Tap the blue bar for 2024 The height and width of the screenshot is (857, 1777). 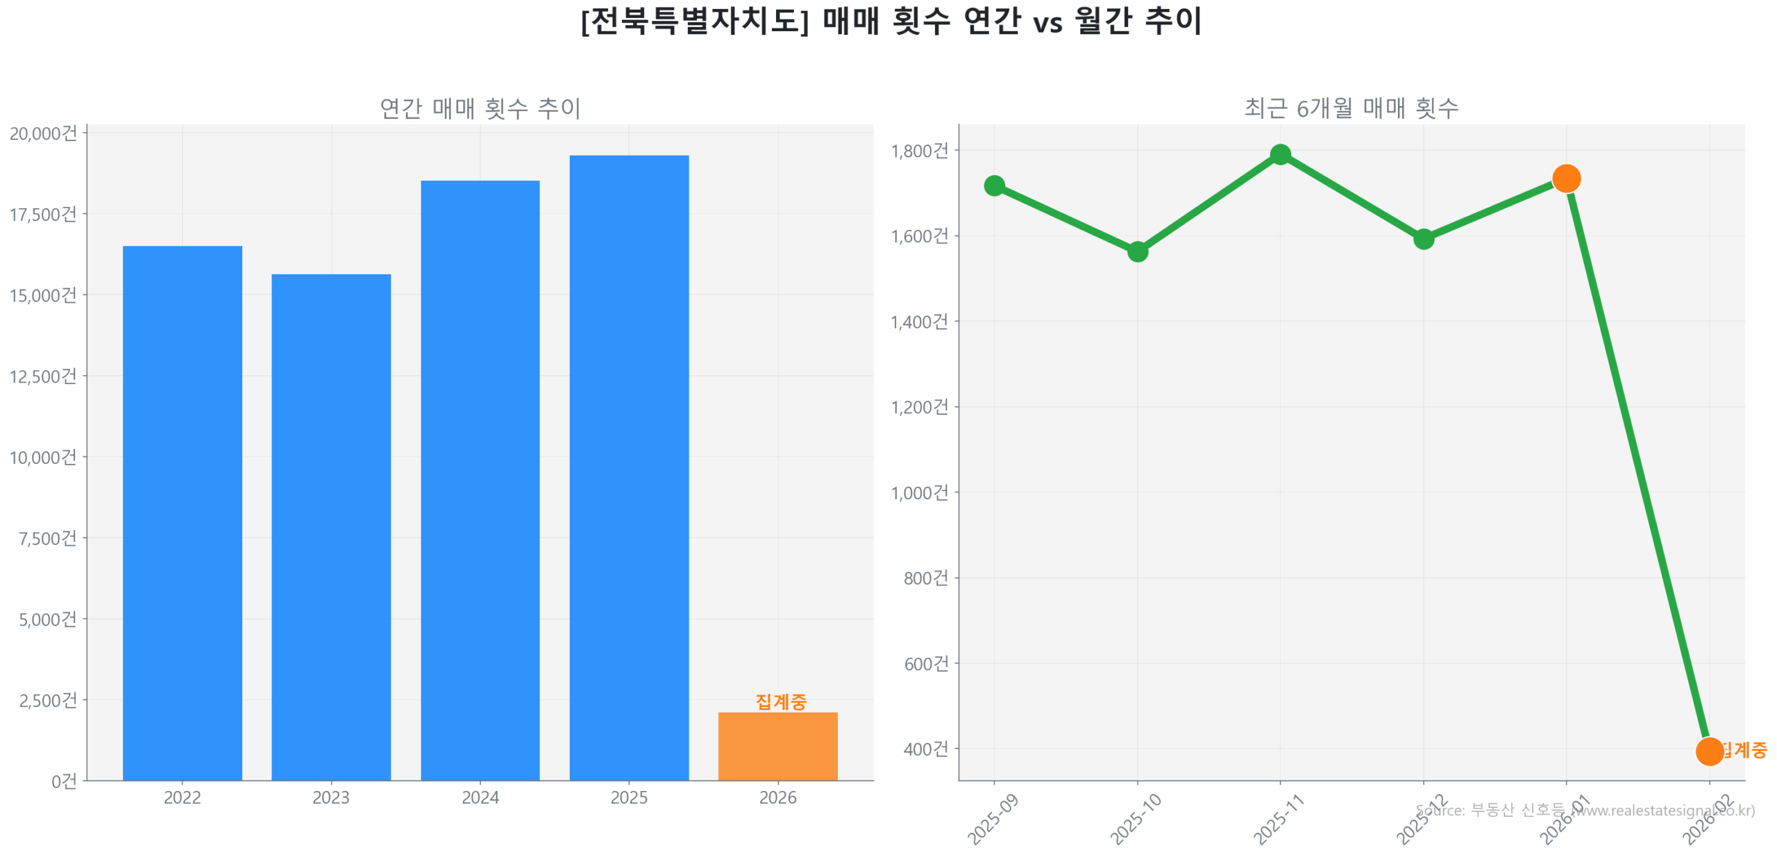[480, 479]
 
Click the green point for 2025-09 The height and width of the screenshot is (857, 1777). [994, 185]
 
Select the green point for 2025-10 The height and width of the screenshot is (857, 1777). [1137, 251]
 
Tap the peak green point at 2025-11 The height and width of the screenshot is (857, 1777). [1280, 154]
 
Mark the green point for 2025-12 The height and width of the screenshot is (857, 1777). [1423, 239]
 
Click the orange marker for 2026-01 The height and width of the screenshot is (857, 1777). [1566, 178]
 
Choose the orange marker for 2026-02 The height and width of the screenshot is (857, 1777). [1709, 751]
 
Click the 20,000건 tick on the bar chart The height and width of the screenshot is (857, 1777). [43, 133]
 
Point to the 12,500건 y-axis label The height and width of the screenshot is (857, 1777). [43, 376]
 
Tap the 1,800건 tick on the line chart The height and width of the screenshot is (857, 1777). [919, 151]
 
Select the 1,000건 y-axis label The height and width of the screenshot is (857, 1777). [919, 493]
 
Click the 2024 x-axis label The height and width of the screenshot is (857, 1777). [480, 797]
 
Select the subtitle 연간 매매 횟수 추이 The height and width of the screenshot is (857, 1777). [480, 108]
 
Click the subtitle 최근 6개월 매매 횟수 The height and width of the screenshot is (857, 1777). [1351, 108]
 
